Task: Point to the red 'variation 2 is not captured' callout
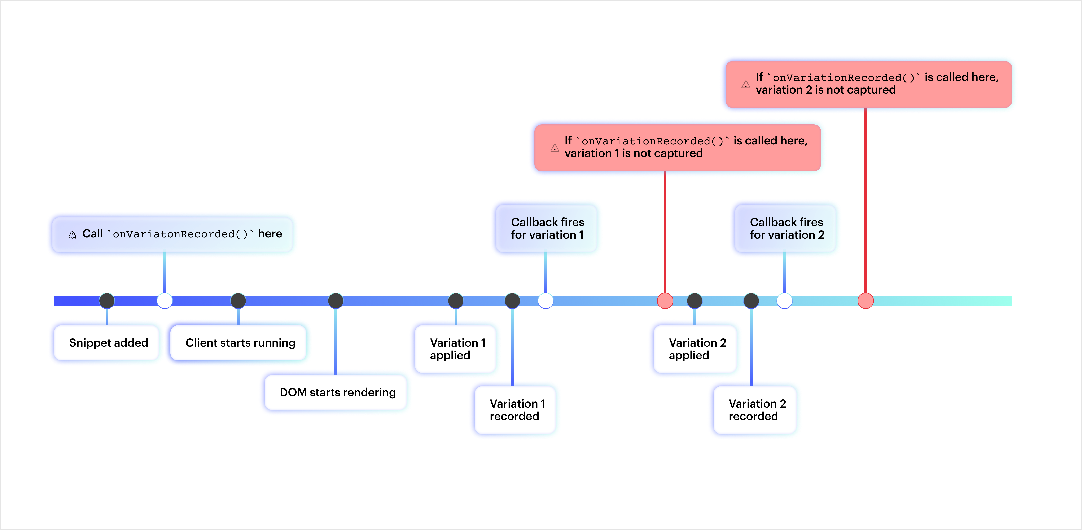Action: [x=869, y=84]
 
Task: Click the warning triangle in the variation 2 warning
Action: [x=746, y=85]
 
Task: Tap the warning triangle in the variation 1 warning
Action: [x=555, y=148]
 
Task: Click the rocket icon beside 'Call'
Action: [x=72, y=235]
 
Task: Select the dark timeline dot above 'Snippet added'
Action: [x=107, y=300]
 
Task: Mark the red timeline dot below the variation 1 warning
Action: [x=665, y=300]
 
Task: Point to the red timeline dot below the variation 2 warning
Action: [x=865, y=300]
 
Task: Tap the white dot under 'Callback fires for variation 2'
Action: [x=784, y=300]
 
